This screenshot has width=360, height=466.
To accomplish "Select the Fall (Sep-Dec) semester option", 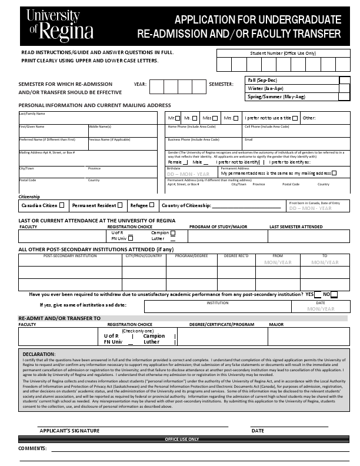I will tap(262, 79).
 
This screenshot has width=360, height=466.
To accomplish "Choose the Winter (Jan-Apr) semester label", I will tap(265, 88).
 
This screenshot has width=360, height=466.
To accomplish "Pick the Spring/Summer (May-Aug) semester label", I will tap(276, 96).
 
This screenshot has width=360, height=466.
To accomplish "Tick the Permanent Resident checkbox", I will tap(120, 205).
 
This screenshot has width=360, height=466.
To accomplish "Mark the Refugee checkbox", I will tap(151, 205).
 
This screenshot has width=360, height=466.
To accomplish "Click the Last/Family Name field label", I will tap(32, 114).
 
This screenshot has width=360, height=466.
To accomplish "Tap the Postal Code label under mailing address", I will tap(28, 180).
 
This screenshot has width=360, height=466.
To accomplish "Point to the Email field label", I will tap(248, 140).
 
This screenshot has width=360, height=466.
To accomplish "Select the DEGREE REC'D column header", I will tap(236, 256).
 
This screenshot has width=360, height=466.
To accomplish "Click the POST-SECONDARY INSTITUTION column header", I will tap(70, 256).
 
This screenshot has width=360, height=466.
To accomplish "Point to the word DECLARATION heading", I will tap(39, 354).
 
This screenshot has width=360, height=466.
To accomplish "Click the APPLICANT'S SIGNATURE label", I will tap(69, 431).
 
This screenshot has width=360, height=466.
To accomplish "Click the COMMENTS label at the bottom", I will tap(32, 448).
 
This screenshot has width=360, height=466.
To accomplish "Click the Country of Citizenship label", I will tap(186, 205).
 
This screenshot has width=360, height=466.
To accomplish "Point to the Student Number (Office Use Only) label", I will tap(283, 53).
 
